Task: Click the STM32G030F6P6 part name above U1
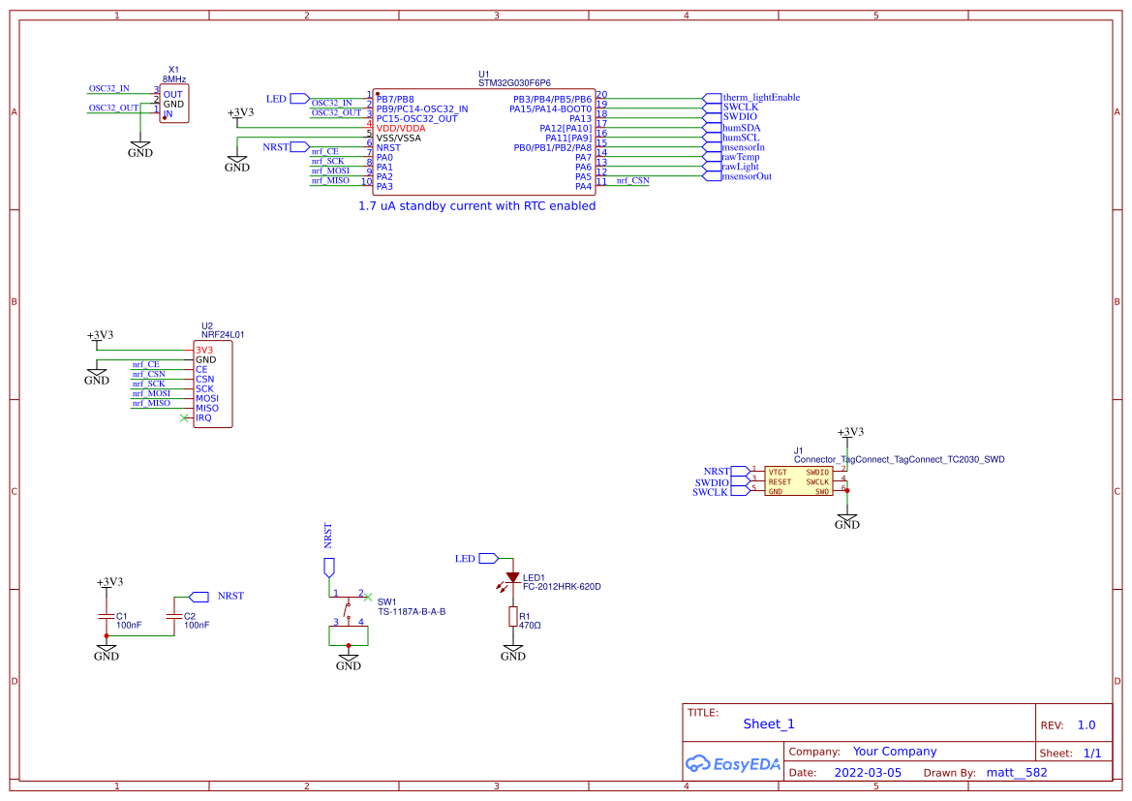521,84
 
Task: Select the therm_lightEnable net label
761,98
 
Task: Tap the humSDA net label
742,128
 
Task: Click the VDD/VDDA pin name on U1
401,128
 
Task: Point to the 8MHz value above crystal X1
174,79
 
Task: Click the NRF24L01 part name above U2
223,335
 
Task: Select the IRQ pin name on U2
203,418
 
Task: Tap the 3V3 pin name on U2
204,350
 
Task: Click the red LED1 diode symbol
512,577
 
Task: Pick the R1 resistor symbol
512,617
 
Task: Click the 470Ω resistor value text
530,626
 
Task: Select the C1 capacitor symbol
107,616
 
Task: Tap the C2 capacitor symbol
174,616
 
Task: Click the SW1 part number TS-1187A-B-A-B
412,612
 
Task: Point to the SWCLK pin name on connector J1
817,481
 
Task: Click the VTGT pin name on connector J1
779,472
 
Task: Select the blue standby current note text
476,206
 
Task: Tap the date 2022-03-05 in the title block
867,773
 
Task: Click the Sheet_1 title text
769,724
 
